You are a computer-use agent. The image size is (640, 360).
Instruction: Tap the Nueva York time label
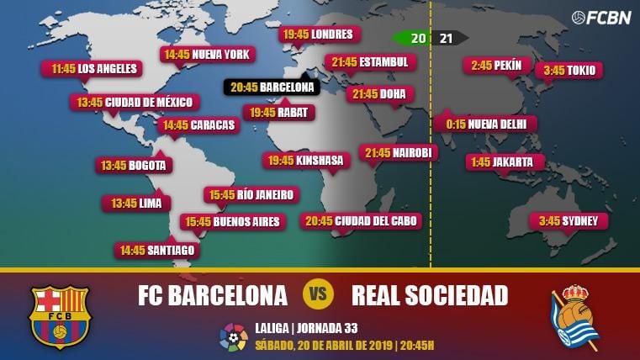207,55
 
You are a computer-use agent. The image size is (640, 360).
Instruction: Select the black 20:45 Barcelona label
272,87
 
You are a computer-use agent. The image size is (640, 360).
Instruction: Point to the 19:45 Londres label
319,34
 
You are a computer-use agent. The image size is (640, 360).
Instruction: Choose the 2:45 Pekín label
496,66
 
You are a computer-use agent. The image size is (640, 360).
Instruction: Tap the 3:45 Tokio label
569,70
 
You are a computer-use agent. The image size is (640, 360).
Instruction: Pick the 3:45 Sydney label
569,221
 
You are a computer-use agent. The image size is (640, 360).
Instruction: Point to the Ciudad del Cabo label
361,220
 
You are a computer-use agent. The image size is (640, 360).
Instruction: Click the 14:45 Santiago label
157,250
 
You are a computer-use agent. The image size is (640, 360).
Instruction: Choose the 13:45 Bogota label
133,165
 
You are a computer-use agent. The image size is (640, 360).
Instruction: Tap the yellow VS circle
319,295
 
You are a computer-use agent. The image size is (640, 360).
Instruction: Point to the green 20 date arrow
411,38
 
